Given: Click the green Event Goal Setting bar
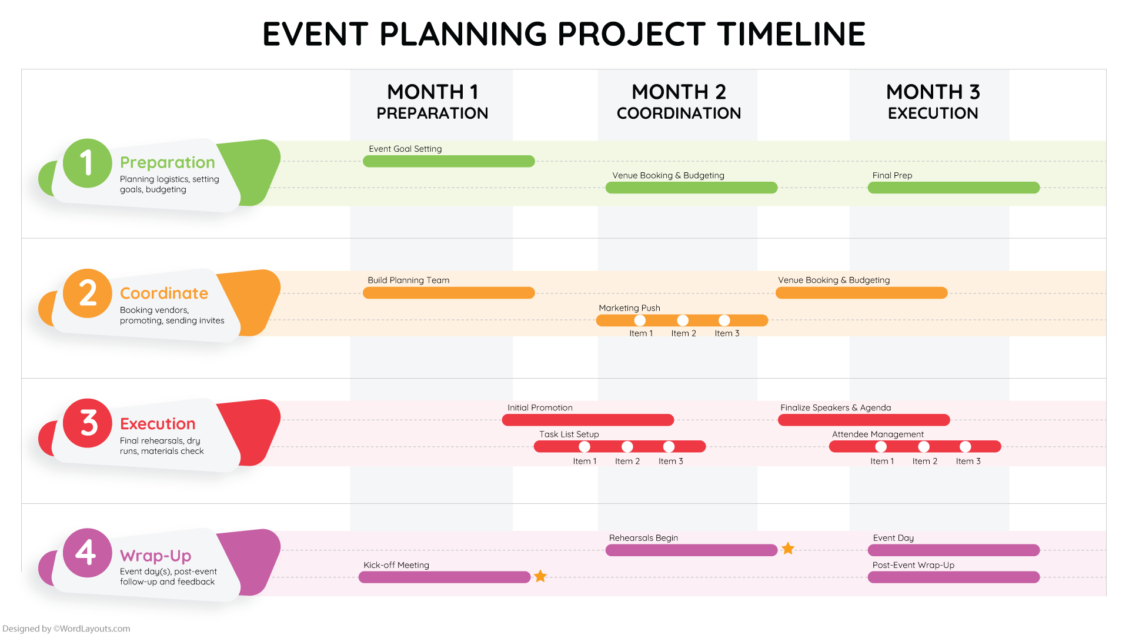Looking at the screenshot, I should tap(449, 161).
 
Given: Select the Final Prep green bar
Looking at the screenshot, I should tap(953, 188).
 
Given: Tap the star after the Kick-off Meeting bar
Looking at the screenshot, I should tap(540, 576).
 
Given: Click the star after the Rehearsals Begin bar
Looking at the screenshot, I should tap(788, 549).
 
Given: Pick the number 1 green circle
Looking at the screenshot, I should tap(87, 163).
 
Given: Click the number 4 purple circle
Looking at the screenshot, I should tap(87, 553).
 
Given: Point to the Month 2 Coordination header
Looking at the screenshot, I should tap(679, 102).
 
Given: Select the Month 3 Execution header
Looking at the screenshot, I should tap(933, 102).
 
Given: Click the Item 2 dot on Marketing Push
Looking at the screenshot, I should tap(683, 320).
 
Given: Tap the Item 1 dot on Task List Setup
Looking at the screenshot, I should tap(584, 447).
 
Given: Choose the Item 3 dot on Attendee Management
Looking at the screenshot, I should tap(966, 447).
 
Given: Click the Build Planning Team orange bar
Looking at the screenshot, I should tap(449, 293).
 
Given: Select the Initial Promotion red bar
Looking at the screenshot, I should tap(588, 420).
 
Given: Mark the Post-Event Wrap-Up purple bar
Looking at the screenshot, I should tap(953, 577).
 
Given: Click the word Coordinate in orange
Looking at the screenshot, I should tap(164, 293).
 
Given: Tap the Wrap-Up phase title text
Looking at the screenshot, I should tap(156, 555).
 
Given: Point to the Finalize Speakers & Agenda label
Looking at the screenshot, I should tap(836, 407).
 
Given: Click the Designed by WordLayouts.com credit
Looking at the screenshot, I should tap(66, 629).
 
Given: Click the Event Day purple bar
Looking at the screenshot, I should tap(953, 550).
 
